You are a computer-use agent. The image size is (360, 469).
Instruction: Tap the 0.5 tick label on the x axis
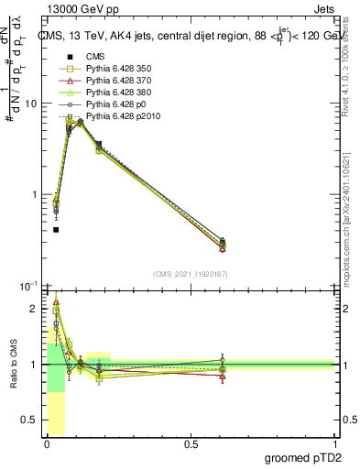point(191,444)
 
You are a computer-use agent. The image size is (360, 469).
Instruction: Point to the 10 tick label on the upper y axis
point(30,104)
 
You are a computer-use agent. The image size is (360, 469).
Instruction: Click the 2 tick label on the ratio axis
point(33,309)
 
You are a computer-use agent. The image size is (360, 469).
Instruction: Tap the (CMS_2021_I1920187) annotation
point(190,274)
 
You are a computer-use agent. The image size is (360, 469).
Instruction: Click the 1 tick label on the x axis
point(334,444)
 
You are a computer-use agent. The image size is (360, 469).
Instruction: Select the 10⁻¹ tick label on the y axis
point(27,286)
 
